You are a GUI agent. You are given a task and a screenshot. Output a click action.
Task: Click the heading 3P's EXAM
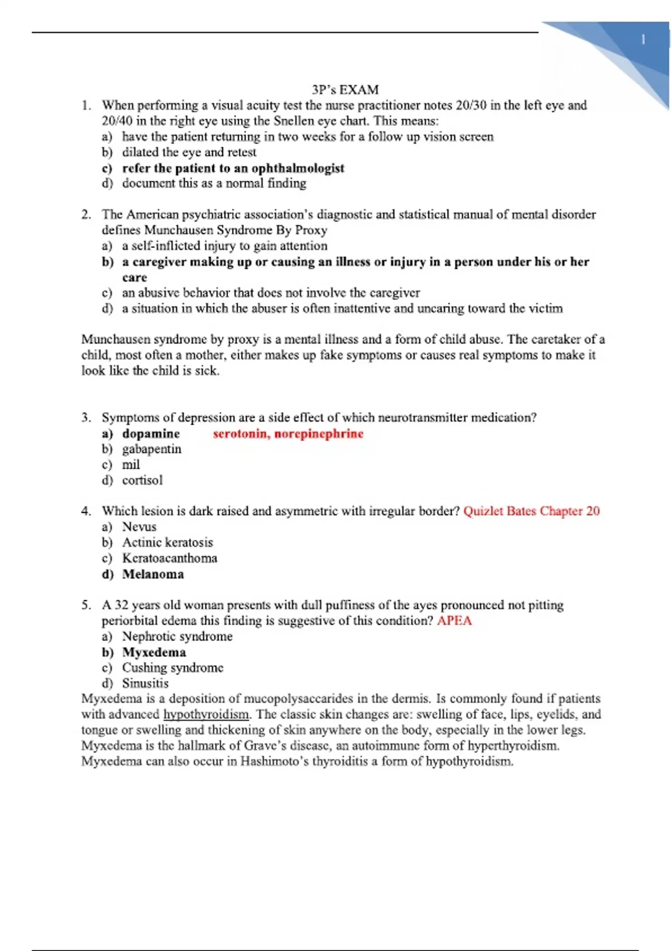pos(345,90)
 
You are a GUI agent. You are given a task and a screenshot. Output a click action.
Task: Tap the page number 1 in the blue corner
pos(643,40)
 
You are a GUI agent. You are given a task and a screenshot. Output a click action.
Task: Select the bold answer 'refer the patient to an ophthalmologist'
pos(233,168)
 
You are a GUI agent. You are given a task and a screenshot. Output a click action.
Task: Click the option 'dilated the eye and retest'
pos(189,152)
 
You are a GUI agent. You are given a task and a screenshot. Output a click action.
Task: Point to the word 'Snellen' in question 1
pos(294,121)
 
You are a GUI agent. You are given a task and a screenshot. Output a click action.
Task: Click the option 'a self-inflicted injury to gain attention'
pos(225,246)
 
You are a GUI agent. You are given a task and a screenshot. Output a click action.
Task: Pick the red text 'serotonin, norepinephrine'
pos(288,434)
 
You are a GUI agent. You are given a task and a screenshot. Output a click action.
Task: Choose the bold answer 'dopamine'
pos(151,434)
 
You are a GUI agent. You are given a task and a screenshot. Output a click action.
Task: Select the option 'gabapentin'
pos(152,449)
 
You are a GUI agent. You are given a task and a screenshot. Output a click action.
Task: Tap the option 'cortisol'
pos(143,480)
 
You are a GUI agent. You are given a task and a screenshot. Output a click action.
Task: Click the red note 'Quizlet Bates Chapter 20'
pos(531,511)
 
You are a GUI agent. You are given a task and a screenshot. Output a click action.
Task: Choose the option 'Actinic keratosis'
pos(167,542)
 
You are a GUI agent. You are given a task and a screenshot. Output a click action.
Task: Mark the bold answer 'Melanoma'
pos(153,574)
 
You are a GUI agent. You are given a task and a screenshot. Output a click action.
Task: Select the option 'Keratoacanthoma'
pos(169,558)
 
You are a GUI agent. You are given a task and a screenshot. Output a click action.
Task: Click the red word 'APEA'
pos(454,620)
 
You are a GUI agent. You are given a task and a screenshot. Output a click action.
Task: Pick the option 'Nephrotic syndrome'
pos(177,636)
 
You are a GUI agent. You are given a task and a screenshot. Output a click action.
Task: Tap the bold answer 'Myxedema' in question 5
pos(154,652)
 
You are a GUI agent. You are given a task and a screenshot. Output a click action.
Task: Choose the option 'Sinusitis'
pos(145,683)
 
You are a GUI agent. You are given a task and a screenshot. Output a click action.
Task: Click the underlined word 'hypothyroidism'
pos(206,714)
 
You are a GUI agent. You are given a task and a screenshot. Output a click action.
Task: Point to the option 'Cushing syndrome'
pos(172,667)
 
